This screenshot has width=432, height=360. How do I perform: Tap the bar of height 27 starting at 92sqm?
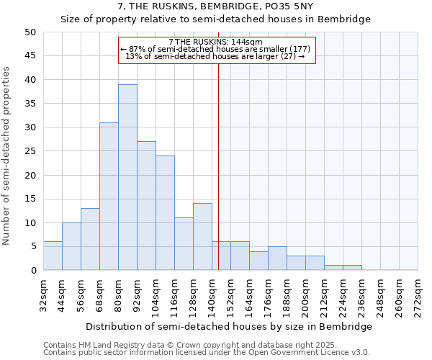[x=146, y=205]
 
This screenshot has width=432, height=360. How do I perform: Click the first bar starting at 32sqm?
[x=53, y=256]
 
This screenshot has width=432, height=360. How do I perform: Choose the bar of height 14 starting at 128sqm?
[x=202, y=237]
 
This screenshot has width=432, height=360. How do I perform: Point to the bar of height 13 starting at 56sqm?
[x=90, y=239]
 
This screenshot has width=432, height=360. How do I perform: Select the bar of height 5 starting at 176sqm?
[x=277, y=258]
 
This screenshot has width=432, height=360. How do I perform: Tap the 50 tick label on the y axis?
[x=30, y=32]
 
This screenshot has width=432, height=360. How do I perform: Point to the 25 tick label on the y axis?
[x=30, y=151]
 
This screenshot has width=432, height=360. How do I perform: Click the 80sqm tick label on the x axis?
[x=119, y=293]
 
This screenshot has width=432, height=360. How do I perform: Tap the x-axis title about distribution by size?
[x=235, y=326]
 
